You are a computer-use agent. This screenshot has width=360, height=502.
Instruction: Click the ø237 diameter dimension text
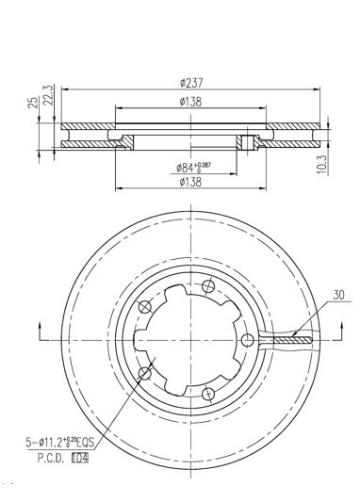point(191,83)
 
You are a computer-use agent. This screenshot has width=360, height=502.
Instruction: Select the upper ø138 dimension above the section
point(190,102)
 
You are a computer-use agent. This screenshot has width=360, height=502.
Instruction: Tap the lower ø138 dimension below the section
point(190,182)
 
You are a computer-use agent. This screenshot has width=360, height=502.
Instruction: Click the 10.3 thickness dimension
point(322,164)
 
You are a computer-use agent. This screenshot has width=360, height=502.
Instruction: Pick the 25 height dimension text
point(33,103)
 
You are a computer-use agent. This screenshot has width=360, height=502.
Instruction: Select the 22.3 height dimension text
point(48,95)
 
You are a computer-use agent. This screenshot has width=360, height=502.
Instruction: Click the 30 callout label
point(338,295)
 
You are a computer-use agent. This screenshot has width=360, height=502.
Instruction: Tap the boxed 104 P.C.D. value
point(80,458)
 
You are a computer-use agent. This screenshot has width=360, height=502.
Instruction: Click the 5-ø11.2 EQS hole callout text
point(60,443)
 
